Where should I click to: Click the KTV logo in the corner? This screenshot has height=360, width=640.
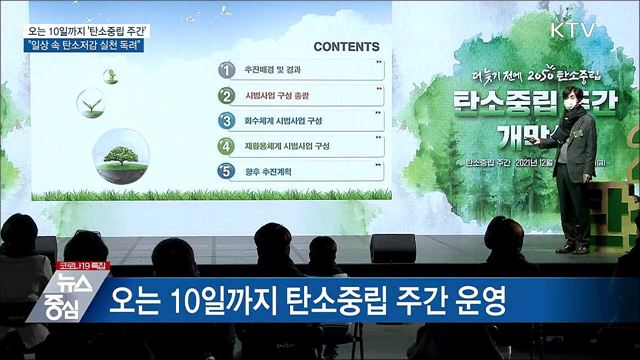pos(573,28)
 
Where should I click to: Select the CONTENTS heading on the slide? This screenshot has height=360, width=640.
pos(345,46)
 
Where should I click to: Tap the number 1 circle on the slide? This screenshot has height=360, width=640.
pos(227,71)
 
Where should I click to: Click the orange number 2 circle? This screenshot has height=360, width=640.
pos(227,96)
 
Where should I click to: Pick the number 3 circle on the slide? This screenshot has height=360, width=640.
pos(227,121)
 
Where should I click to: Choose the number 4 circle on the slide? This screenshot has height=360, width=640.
pos(227,146)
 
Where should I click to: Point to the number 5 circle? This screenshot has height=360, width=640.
pos(227,171)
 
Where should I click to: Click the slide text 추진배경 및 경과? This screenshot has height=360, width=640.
pos(274,71)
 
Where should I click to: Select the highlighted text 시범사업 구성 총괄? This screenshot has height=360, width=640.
pos(281,96)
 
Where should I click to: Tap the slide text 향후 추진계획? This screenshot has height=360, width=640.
pos(269,171)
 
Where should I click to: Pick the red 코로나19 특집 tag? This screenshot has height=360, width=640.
pos(82,265)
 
